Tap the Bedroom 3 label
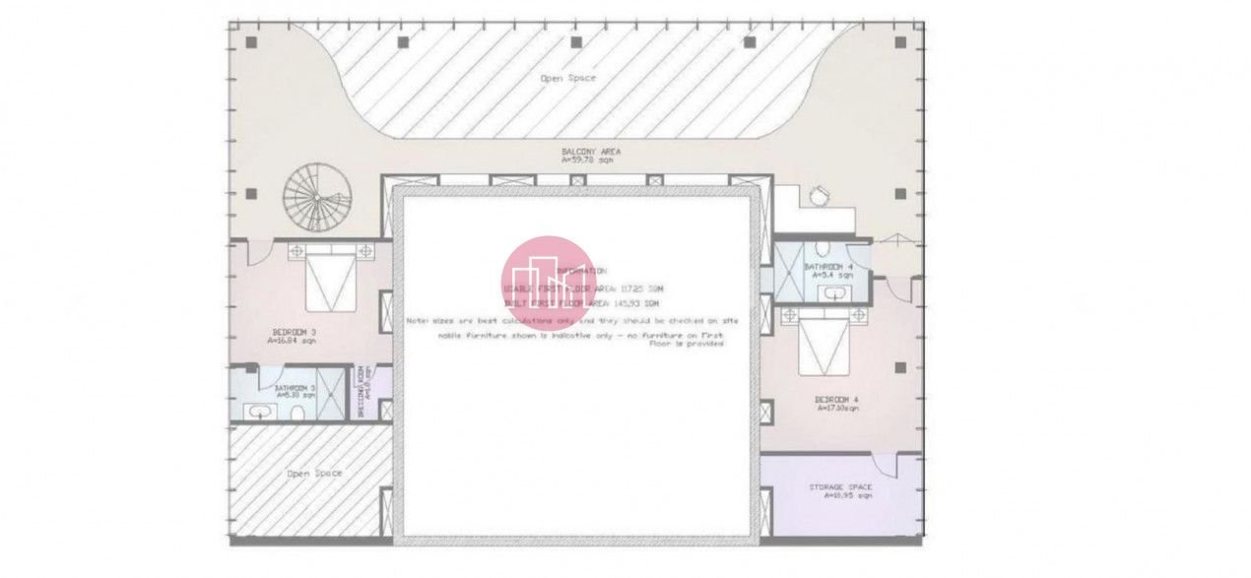coord(294,336)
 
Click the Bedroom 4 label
coord(836,403)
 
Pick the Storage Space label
coord(840,490)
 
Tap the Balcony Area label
coord(591,155)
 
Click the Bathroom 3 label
coord(296,391)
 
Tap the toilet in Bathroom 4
coord(823,248)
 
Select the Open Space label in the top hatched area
coord(568,78)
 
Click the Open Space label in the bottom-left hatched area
coord(314,474)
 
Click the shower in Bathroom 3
coord(335,394)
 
